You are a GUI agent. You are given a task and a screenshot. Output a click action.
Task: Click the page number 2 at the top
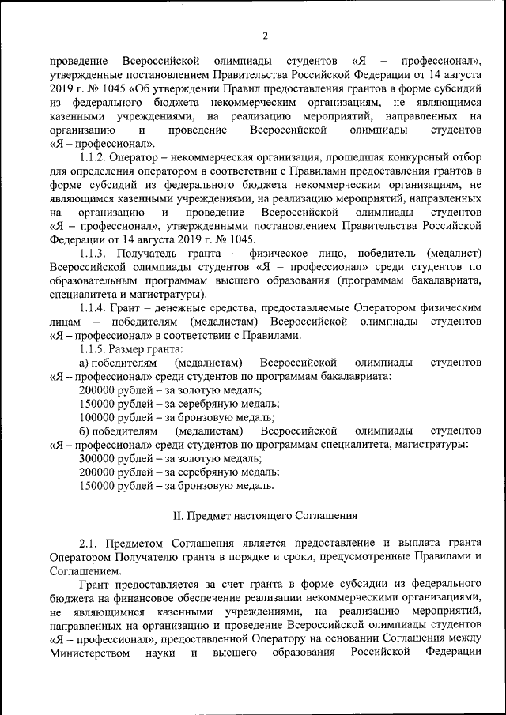click(266, 34)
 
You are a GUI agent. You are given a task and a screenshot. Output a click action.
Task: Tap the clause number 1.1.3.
click(97, 253)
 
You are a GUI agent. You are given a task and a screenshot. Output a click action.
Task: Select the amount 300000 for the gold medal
click(100, 458)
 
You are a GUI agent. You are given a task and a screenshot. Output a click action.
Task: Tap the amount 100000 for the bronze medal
click(100, 417)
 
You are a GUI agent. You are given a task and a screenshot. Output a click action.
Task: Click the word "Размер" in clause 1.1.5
click(134, 348)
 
